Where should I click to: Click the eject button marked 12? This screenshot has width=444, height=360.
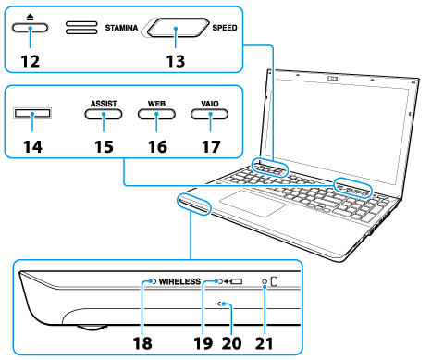coord(30,28)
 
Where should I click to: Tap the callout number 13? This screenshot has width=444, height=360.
coord(176,61)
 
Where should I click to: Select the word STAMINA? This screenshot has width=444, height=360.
coord(121,28)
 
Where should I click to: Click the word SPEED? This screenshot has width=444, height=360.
coord(225,28)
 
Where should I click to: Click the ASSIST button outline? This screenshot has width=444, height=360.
coord(104,114)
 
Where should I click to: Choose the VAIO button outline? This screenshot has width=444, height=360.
coord(210,114)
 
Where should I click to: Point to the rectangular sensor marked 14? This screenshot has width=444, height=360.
coord(32,113)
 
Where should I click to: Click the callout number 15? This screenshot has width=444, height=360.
coord(104,146)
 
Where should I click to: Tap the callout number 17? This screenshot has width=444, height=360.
coord(211,146)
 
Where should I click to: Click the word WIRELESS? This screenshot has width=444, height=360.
coord(179,281)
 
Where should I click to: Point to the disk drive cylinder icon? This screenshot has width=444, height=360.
coord(274,281)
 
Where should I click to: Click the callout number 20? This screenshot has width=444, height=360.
coord(232,343)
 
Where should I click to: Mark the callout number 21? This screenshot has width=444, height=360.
coord(265,343)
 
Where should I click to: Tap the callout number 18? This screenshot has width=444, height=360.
coord(142,343)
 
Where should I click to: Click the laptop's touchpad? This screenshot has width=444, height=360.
coord(253,204)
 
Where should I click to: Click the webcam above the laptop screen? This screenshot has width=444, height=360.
coord(332,79)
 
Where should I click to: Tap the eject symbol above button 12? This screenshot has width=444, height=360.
coord(30,17)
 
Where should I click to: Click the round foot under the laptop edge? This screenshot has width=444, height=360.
coord(92,327)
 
